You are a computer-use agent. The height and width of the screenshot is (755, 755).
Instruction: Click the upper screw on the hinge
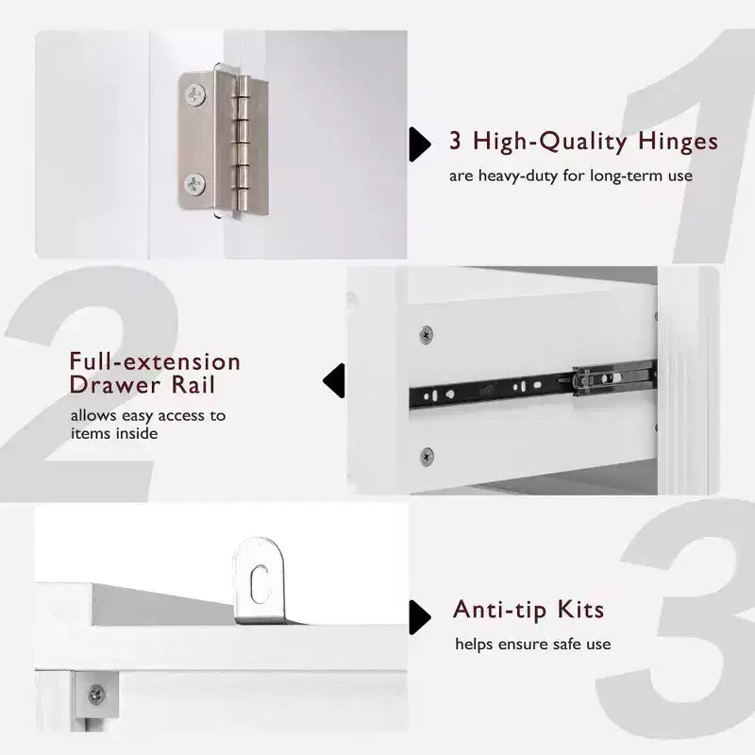pos(195,95)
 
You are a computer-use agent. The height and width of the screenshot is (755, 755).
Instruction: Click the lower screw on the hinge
pos(194,185)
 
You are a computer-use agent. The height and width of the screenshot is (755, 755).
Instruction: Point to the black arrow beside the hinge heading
pos(420,144)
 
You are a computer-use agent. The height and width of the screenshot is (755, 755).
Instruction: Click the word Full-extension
pos(155,361)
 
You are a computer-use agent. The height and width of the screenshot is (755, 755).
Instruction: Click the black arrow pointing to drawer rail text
pos(334,381)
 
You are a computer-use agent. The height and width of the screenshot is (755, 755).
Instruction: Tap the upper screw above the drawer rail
pos(426,334)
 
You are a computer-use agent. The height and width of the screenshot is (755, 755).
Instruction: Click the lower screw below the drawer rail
pos(427,456)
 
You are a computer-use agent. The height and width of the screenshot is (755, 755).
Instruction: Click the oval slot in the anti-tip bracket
pos(260,584)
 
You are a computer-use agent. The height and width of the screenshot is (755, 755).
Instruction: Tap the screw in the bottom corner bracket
pos(96,695)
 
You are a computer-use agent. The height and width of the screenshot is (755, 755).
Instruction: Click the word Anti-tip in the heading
pos(500,611)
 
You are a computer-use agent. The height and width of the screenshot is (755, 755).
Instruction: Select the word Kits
pos(580,610)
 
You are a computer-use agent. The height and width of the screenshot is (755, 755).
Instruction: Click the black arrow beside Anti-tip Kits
pos(420,617)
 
